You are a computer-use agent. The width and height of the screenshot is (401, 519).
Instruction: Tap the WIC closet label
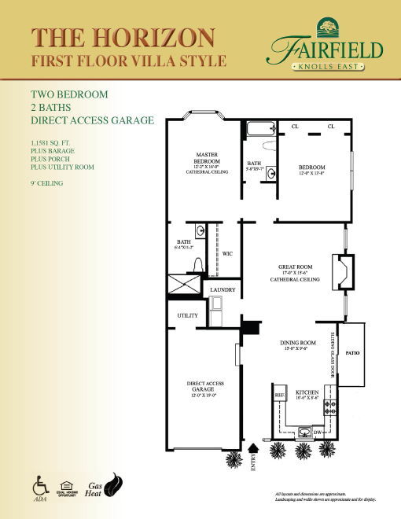(x=227, y=254)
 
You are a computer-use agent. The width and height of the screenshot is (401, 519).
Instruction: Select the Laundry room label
(x=223, y=290)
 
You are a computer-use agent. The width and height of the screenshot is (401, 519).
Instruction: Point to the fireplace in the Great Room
(x=343, y=272)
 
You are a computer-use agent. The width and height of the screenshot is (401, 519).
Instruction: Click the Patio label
(x=352, y=354)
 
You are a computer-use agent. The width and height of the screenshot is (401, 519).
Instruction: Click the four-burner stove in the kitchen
(x=331, y=407)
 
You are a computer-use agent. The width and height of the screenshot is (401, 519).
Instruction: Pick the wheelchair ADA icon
(x=39, y=481)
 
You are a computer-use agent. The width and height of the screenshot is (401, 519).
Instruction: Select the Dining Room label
(x=298, y=344)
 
